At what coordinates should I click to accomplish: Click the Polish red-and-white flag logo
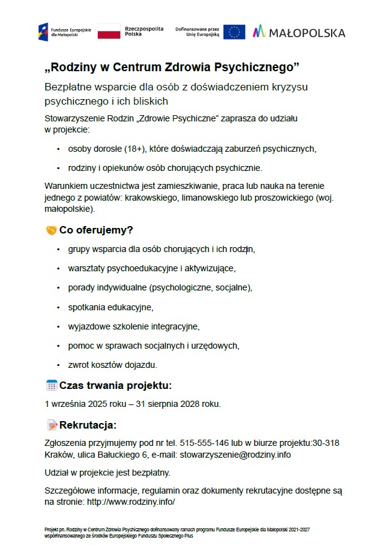click(x=109, y=32)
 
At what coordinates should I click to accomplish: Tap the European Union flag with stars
click(x=234, y=32)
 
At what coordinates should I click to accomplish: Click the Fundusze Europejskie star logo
click(x=43, y=32)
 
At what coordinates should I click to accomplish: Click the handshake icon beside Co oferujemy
click(x=51, y=230)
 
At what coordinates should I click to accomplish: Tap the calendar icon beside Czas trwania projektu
click(x=51, y=385)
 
